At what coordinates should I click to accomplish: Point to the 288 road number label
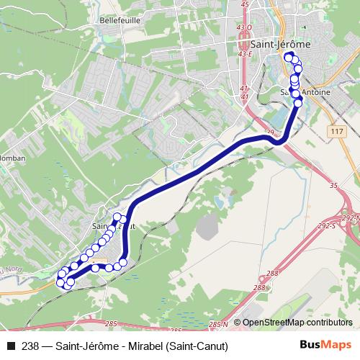pos(271,273)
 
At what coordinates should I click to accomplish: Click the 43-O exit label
pos(245,27)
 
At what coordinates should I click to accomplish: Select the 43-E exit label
pos(245,53)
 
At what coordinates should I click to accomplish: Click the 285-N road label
pos(219,325)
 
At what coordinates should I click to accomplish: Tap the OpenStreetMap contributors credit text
pos(297,323)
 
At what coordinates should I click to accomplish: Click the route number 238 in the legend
pos(30,346)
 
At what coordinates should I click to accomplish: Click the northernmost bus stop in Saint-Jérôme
pos(289,57)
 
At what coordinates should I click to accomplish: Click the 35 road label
pos(333,186)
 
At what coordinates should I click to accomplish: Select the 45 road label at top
pos(245,4)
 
